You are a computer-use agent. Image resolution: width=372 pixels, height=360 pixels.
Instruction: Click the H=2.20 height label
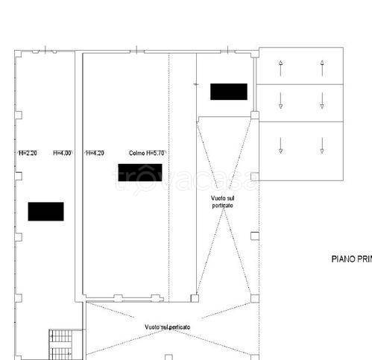(x=27, y=154)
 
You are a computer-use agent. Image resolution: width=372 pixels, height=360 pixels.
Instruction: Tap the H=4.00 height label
(x=63, y=154)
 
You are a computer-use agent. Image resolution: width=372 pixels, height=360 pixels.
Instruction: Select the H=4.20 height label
(x=95, y=154)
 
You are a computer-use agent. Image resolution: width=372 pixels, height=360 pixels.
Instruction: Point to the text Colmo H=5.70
(x=146, y=154)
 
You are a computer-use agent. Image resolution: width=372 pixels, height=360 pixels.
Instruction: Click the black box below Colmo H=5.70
(x=140, y=172)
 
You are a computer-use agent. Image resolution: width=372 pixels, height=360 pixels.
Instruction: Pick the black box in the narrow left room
(x=45, y=212)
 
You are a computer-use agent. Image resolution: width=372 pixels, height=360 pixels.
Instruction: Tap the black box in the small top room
(x=228, y=92)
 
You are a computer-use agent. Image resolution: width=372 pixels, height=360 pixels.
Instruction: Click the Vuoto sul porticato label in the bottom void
(x=168, y=327)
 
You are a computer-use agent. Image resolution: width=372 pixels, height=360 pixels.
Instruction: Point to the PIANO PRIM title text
(x=350, y=260)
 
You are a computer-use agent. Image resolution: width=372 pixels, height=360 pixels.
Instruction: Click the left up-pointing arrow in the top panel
(x=280, y=68)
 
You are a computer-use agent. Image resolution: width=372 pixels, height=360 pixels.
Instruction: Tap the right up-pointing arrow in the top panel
(x=322, y=68)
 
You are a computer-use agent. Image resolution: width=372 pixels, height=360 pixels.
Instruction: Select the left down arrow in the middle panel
(x=280, y=101)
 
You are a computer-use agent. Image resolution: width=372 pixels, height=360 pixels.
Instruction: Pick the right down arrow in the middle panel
(x=322, y=101)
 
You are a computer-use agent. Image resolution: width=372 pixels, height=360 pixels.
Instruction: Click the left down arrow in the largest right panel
(x=280, y=145)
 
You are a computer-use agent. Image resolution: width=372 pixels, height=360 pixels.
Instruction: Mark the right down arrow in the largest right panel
(x=322, y=145)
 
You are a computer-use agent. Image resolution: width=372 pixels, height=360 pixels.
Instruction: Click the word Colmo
(x=136, y=154)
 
